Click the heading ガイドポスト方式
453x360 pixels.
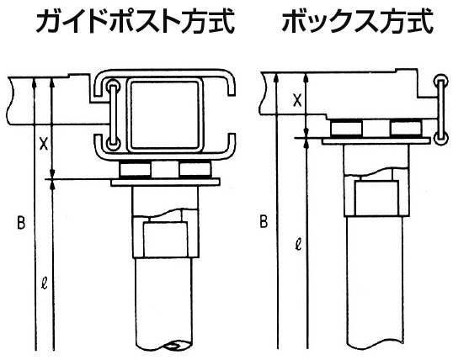[135, 21]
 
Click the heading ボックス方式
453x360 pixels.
[357, 21]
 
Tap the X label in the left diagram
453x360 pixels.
[43, 144]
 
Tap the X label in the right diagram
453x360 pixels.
[297, 100]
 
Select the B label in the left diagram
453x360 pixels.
[21, 223]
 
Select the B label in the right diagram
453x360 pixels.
[264, 222]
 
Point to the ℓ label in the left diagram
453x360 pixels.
[44, 283]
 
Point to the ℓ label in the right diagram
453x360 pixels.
[299, 245]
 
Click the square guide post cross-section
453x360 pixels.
[165, 115]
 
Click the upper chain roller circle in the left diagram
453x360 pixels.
[112, 86]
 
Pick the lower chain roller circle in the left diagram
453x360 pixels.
[112, 144]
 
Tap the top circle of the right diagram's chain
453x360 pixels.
[441, 81]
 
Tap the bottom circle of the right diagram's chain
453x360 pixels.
[441, 139]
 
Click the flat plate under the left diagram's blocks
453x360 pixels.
[165, 183]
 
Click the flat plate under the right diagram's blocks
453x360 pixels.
[376, 141]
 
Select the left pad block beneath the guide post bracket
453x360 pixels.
[135, 170]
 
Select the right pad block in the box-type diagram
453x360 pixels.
[406, 128]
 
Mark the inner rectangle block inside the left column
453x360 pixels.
[165, 240]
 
